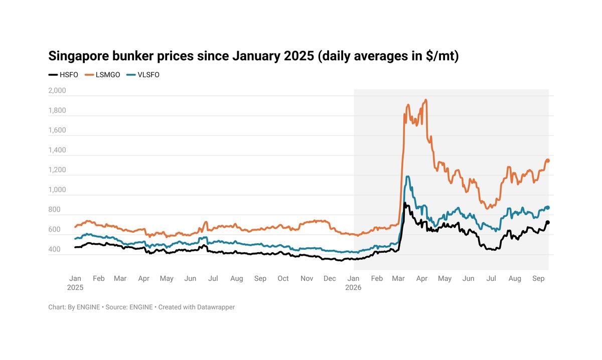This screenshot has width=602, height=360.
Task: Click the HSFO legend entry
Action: [63, 75]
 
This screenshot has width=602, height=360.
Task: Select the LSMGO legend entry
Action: [102, 75]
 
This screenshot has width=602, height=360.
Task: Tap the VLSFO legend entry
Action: [142, 75]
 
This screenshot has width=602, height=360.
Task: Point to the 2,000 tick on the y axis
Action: [57, 91]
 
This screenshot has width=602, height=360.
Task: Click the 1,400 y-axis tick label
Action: [57, 150]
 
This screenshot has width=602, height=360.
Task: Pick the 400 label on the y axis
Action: [54, 249]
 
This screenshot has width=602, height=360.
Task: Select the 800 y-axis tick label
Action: [54, 210]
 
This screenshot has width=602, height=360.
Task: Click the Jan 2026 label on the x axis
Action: [353, 283]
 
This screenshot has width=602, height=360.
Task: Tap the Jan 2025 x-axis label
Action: [75, 283]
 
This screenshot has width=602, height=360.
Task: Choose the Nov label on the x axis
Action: [307, 278]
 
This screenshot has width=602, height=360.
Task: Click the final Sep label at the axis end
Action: [538, 278]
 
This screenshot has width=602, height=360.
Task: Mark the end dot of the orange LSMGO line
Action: [548, 160]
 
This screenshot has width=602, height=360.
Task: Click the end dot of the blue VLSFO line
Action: [548, 208]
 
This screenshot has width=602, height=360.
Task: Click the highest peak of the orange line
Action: [426, 100]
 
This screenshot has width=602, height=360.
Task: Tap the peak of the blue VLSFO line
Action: [408, 176]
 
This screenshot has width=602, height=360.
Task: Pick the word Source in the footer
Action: [115, 307]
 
